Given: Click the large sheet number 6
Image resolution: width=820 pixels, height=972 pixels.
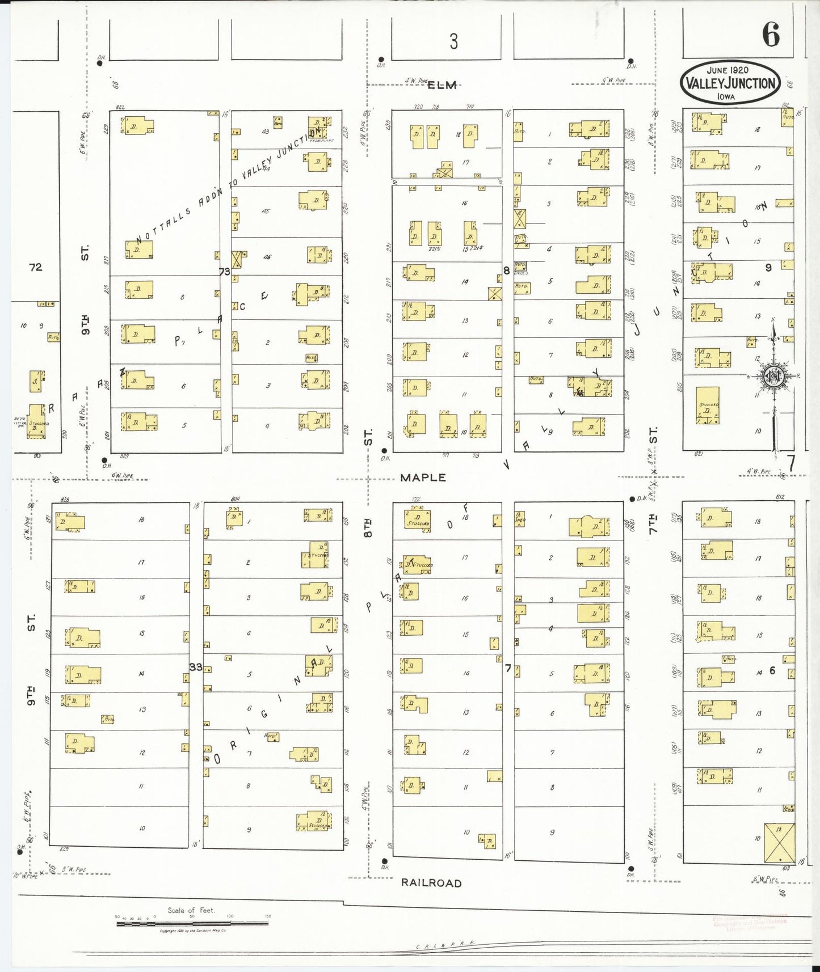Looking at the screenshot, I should coord(771,35).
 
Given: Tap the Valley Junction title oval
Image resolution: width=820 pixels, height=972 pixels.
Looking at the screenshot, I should coord(730,83).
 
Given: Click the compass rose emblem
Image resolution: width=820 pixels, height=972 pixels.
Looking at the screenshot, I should coord(773,375).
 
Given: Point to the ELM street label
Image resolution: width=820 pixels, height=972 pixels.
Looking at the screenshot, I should coord(442,85).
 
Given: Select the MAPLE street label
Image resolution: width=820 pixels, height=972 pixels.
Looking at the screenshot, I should coord(423,477).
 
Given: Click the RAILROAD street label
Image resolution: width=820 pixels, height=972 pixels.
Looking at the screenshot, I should coord(431,883).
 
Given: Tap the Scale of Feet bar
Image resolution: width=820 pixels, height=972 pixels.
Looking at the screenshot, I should coord(192,923).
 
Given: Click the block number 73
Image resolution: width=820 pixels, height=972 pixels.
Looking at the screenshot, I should coord(225,272).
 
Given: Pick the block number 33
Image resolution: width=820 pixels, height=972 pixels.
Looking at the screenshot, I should coord(196,667).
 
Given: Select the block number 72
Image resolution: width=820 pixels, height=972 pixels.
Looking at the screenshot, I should coord(36,267).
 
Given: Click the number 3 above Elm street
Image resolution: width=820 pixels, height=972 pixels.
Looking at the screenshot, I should coord(453,41).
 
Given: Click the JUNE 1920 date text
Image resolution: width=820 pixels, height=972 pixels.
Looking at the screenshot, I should coord(728,70).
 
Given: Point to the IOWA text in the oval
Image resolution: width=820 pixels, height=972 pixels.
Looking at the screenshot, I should coord(726,97).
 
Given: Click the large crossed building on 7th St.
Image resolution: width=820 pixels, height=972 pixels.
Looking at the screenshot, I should coord(779,843).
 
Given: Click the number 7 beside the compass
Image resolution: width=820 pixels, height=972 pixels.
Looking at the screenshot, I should coord(791,463).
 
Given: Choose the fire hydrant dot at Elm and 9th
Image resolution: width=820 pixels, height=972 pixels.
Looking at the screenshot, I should coord(100,63).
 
